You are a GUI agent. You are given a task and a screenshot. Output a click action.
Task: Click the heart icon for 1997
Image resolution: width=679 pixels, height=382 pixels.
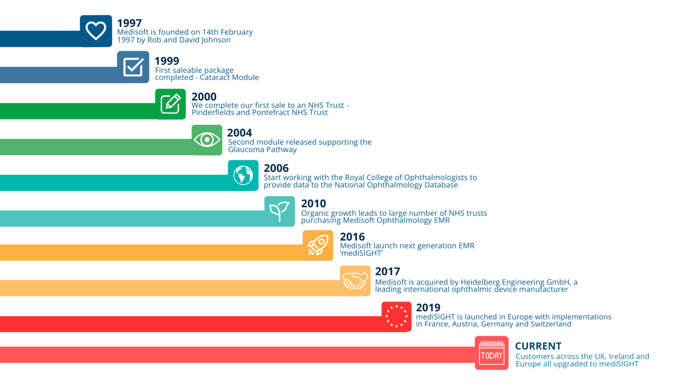pyautogui.click(x=96, y=31)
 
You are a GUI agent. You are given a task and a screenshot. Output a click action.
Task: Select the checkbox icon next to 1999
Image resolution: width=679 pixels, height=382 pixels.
pyautogui.click(x=133, y=67)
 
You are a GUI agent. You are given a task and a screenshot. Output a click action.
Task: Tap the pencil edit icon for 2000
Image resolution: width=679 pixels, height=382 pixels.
pyautogui.click(x=170, y=104)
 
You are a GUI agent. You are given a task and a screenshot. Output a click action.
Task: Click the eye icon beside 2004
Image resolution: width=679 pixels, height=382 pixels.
pyautogui.click(x=206, y=140)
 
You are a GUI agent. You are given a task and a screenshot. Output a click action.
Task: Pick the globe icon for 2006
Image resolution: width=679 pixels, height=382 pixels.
pyautogui.click(x=243, y=175)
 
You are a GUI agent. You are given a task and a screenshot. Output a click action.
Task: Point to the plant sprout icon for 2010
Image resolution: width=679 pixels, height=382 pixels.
pyautogui.click(x=279, y=211)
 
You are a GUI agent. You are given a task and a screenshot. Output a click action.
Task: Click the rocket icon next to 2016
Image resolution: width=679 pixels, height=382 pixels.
pyautogui.click(x=318, y=245)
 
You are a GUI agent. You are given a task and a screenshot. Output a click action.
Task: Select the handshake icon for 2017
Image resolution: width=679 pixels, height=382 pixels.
pyautogui.click(x=355, y=281)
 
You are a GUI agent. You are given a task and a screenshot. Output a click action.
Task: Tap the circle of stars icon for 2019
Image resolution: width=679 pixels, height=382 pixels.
pyautogui.click(x=396, y=316)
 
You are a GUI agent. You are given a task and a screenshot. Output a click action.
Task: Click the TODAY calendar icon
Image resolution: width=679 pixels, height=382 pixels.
pyautogui.click(x=492, y=353)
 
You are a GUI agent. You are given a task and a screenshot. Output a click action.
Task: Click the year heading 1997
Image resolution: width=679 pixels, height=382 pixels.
pyautogui.click(x=129, y=23)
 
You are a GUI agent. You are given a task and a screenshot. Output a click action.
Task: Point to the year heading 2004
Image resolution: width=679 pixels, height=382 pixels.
pyautogui.click(x=239, y=133)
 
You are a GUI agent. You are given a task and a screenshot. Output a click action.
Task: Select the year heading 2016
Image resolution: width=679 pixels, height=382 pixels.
pyautogui.click(x=352, y=237)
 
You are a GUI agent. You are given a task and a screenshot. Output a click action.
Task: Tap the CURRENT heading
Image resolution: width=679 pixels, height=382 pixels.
pyautogui.click(x=538, y=346)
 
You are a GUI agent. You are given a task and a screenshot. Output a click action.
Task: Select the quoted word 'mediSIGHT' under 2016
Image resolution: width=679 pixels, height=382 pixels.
pyautogui.click(x=361, y=253)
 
